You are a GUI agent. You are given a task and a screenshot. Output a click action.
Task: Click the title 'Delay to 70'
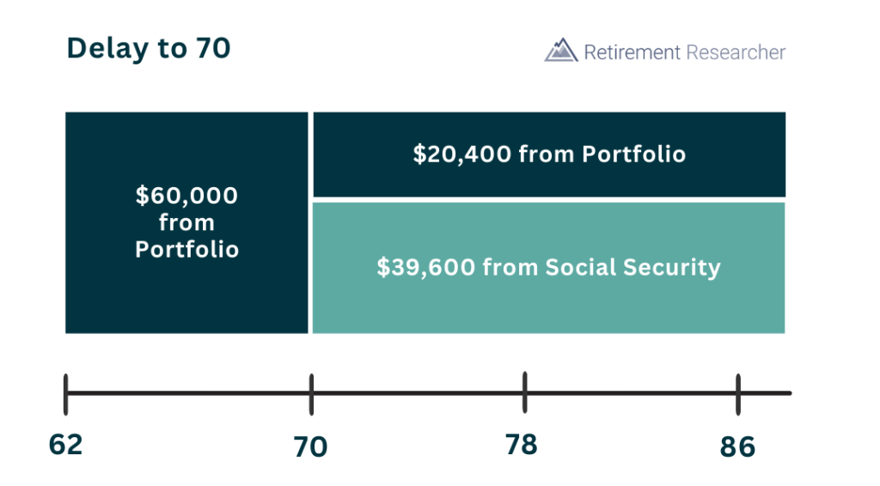pyautogui.click(x=149, y=49)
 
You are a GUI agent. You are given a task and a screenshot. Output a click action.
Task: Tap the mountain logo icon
pyautogui.click(x=560, y=50)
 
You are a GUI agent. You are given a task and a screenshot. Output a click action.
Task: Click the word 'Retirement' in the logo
pyautogui.click(x=632, y=52)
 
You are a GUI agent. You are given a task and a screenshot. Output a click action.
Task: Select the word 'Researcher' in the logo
pyautogui.click(x=736, y=52)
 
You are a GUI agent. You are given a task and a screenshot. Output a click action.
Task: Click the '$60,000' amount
pyautogui.click(x=186, y=196)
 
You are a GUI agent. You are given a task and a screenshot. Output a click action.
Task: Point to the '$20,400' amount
pyautogui.click(x=461, y=155)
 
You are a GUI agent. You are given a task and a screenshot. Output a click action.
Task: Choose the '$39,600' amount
pyautogui.click(x=426, y=267)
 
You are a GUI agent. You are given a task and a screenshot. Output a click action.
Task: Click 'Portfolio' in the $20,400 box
pyautogui.click(x=633, y=155)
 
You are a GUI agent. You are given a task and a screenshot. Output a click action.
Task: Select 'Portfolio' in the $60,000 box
pyautogui.click(x=186, y=250)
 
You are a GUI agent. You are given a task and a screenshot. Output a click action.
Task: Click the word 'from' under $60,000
pyautogui.click(x=186, y=222)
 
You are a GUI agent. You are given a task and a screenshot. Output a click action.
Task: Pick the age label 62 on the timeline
pyautogui.click(x=65, y=445)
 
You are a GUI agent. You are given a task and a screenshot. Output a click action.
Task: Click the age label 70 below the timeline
pyautogui.click(x=310, y=447)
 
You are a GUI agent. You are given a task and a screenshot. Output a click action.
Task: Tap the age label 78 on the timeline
pyautogui.click(x=522, y=445)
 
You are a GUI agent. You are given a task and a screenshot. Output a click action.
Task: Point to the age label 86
pyautogui.click(x=737, y=447)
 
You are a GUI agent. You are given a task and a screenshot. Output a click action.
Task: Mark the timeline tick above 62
pyautogui.click(x=65, y=394)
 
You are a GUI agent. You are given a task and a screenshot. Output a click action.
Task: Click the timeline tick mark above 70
pyautogui.click(x=311, y=394)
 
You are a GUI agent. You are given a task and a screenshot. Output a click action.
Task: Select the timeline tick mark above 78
pyautogui.click(x=525, y=392)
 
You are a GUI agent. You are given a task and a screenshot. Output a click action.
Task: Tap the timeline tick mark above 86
pyautogui.click(x=738, y=394)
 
